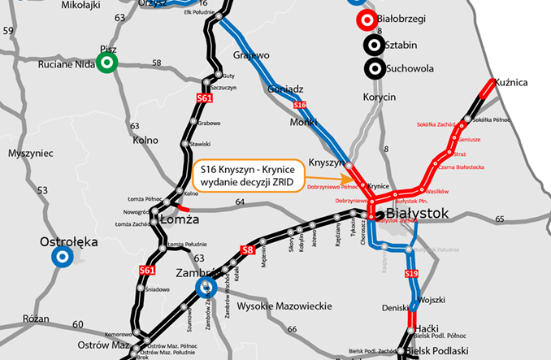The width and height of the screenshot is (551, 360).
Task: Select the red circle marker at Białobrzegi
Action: pyautogui.click(x=367, y=20)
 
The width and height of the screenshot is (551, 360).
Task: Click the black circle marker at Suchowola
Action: pyautogui.click(x=374, y=68)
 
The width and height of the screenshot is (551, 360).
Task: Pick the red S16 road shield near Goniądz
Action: pyautogui.click(x=299, y=105)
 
